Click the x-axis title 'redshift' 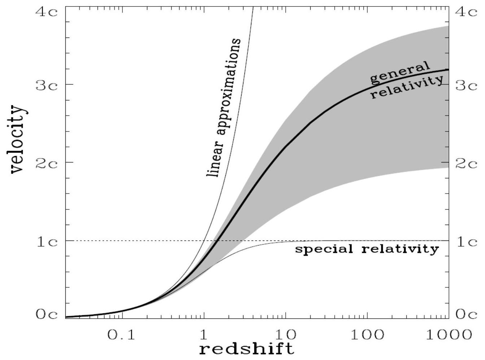pos(247,349)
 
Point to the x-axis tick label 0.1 pos(121,335)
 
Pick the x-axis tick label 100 pos(368,335)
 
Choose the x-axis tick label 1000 pos(448,335)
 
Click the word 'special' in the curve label pos(324,250)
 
